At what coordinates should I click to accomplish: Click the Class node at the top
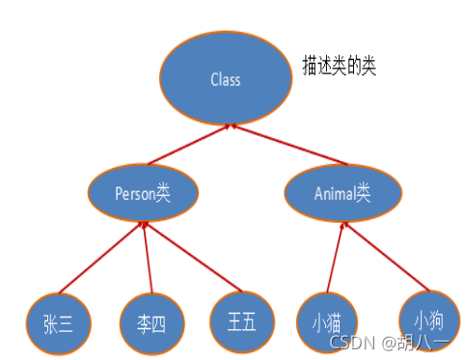coord(225,78)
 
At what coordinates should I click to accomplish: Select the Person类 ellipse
coord(143,193)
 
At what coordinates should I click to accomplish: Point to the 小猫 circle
coord(328,318)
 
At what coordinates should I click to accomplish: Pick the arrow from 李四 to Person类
coord(148,259)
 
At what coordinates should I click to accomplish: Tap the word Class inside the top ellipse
coord(225,79)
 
